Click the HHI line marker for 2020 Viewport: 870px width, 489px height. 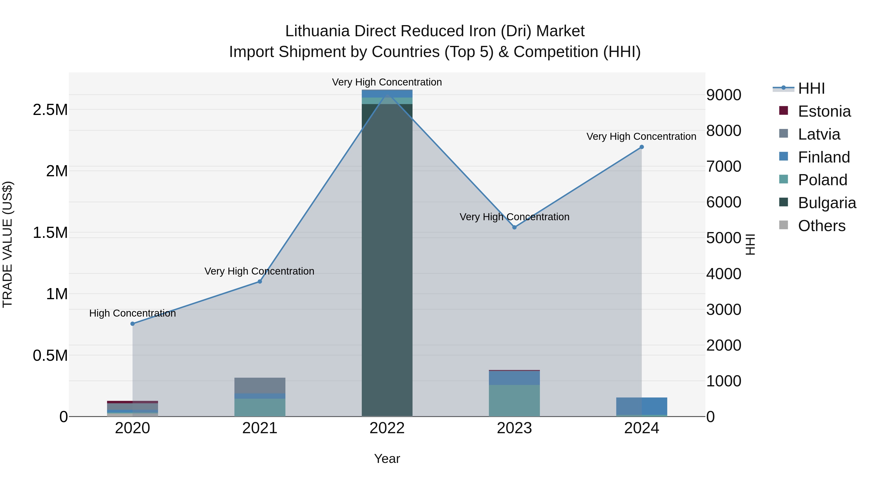point(132,324)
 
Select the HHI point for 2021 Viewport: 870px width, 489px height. point(260,282)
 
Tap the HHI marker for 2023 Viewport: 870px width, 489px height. point(514,227)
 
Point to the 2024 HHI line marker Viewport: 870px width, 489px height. point(642,147)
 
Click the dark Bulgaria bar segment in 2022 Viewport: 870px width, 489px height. point(387,260)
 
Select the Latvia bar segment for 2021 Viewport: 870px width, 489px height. point(260,385)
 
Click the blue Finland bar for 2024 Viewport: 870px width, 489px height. point(642,406)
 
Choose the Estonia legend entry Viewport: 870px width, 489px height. point(824,111)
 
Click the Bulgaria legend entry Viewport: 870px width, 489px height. point(826,203)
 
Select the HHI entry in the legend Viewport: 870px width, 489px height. point(811,88)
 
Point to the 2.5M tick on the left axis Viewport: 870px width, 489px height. point(50,110)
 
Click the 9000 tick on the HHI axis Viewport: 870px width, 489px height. point(724,95)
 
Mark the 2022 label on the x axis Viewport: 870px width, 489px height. point(387,428)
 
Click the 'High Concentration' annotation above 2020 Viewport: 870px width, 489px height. point(132,313)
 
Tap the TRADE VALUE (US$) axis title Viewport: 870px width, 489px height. point(7,244)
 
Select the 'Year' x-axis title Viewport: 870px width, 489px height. point(387,459)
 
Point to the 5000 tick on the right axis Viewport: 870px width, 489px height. point(724,238)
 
